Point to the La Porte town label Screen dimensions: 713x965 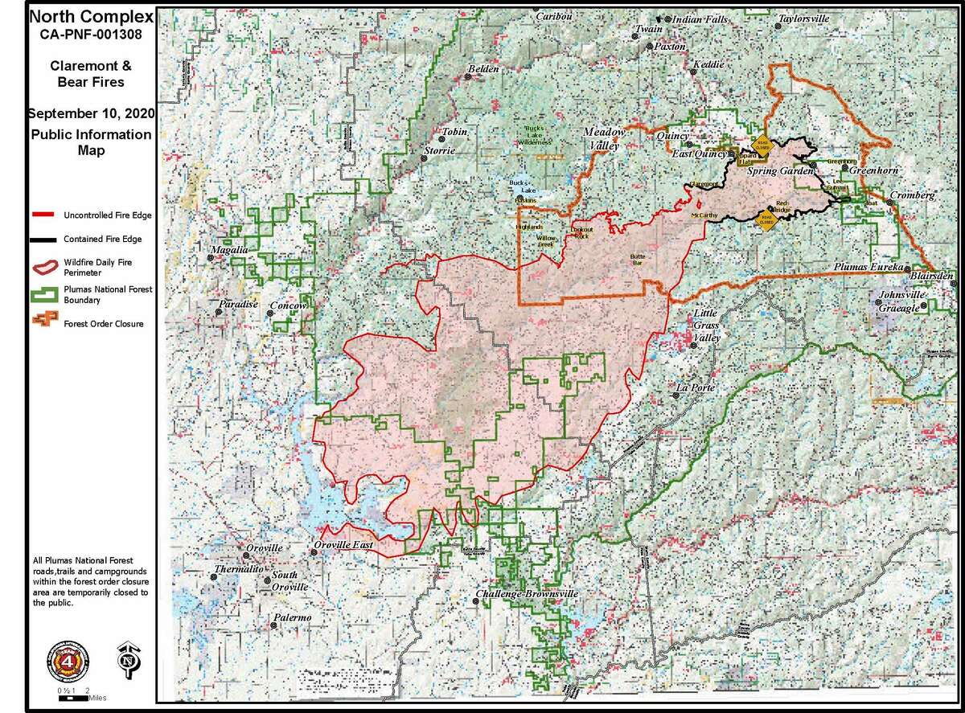[694, 388]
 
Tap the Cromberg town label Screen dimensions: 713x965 [912, 196]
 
